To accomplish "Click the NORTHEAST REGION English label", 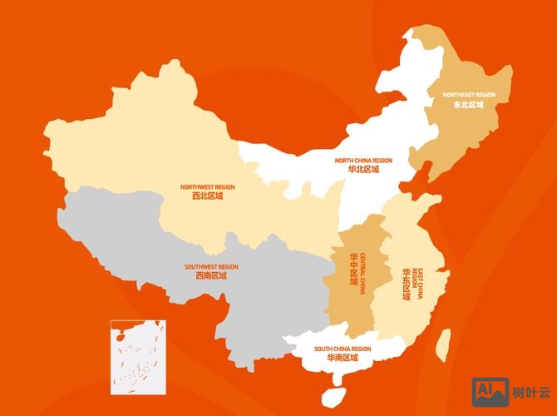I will (x=469, y=95).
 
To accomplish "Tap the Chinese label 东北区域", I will (x=469, y=105).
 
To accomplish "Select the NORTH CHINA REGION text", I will (x=363, y=160).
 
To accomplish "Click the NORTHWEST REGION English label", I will (x=208, y=187).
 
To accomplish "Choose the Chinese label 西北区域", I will (x=208, y=196).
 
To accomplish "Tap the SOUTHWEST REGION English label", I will (x=211, y=267).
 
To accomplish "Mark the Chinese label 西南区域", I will (x=211, y=276).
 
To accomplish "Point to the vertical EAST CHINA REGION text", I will (x=417, y=285).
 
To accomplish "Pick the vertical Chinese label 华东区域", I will (x=407, y=284).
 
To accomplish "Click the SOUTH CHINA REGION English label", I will (x=343, y=349).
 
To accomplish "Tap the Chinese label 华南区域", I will (x=343, y=358).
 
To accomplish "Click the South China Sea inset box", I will (x=138, y=356).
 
